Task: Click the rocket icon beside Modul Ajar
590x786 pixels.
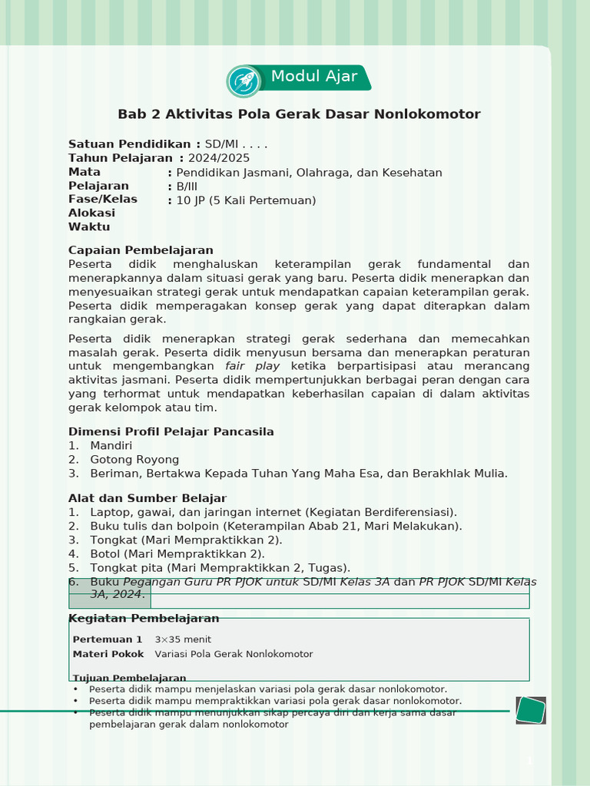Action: [x=244, y=81]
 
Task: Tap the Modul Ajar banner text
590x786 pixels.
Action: [x=314, y=77]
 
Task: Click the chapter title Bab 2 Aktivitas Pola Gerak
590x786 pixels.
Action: [x=299, y=114]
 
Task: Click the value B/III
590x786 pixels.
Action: [x=187, y=187]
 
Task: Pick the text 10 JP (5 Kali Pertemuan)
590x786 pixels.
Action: [x=246, y=201]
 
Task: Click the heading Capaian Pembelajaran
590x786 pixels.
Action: [x=141, y=250]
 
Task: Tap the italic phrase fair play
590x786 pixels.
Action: [x=252, y=366]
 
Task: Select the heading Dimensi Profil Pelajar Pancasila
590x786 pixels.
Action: [x=171, y=431]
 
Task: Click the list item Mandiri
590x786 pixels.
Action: [x=111, y=446]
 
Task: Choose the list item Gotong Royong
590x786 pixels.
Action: [x=134, y=460]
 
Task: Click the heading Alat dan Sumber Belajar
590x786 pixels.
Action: [x=147, y=498]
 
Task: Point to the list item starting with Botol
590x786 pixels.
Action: [x=177, y=554]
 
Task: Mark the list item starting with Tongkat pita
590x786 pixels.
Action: [x=220, y=568]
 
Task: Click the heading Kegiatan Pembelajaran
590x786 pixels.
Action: [x=144, y=619]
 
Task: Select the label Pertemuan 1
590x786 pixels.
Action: [x=108, y=639]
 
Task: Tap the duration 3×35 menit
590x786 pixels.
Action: [x=183, y=639]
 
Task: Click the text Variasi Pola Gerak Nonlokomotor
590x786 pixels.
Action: [x=234, y=654]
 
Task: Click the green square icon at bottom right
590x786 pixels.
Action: [x=530, y=710]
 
